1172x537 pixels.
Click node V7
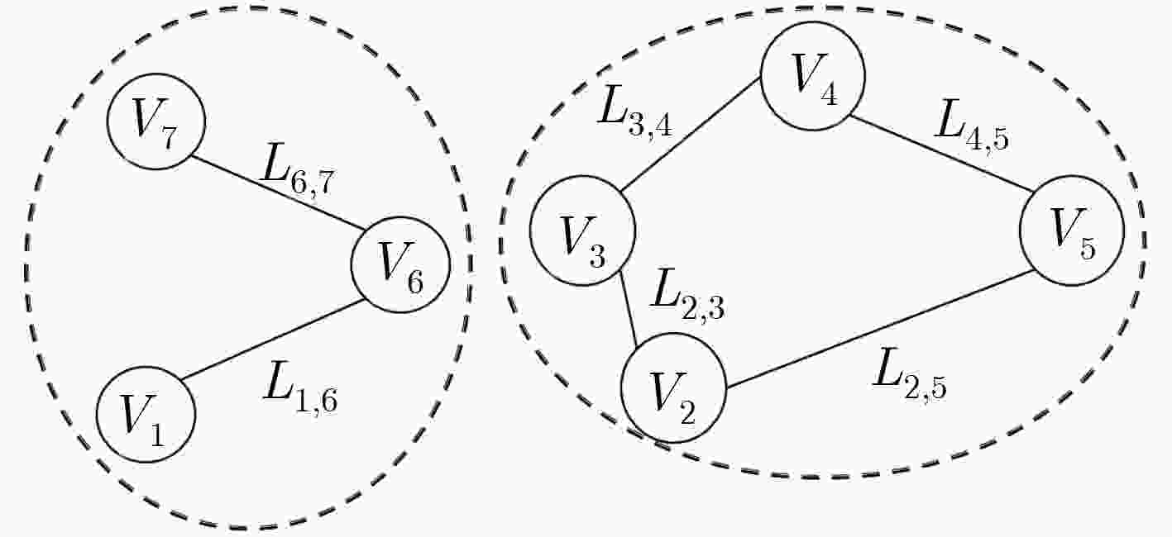[x=156, y=121]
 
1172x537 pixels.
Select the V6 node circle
[x=400, y=265]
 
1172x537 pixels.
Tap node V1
[x=146, y=415]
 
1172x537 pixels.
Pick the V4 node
[x=812, y=76]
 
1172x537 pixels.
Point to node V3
[x=583, y=230]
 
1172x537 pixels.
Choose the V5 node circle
[x=1072, y=230]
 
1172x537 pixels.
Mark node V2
[x=674, y=388]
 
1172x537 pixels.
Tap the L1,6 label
[x=300, y=388]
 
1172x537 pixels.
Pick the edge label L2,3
[x=688, y=295]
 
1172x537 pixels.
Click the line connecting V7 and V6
[x=278, y=192]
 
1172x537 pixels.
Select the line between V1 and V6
[x=273, y=339]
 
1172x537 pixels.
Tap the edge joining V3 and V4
[x=691, y=134]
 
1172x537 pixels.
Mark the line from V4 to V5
[x=940, y=154]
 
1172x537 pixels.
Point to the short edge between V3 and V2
[x=628, y=309]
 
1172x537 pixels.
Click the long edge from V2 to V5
[x=880, y=329]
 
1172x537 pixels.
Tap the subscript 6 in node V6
[x=415, y=283]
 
